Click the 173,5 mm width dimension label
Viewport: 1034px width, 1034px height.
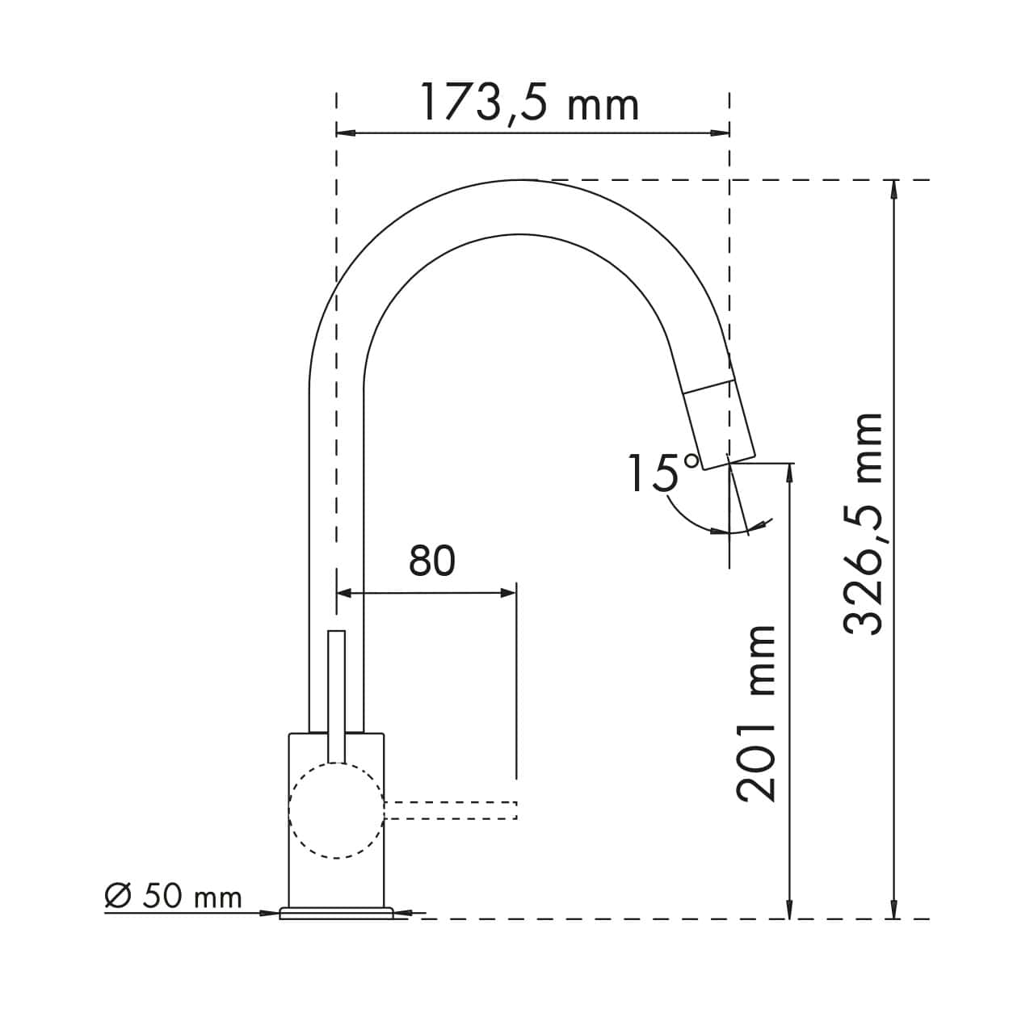[529, 103]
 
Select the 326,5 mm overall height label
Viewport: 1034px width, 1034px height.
[863, 523]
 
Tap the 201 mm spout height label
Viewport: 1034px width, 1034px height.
[756, 712]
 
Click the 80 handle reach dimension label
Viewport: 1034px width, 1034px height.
[432, 561]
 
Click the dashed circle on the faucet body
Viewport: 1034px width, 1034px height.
[336, 811]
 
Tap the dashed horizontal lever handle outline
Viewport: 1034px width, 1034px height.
[451, 810]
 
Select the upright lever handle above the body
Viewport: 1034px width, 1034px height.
[336, 695]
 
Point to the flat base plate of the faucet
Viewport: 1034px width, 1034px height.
[336, 913]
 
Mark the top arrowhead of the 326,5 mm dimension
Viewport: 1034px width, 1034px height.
[893, 189]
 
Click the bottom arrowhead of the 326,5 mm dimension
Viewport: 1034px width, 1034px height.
[893, 909]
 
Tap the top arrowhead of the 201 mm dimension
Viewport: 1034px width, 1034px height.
[789, 473]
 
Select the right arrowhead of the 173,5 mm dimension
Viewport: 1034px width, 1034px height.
[721, 133]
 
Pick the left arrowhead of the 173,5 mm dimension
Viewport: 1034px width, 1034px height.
[346, 133]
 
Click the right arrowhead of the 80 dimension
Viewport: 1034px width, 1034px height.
[507, 593]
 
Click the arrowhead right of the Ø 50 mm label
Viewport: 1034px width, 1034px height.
[271, 913]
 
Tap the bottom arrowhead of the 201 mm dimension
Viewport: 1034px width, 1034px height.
[789, 909]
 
